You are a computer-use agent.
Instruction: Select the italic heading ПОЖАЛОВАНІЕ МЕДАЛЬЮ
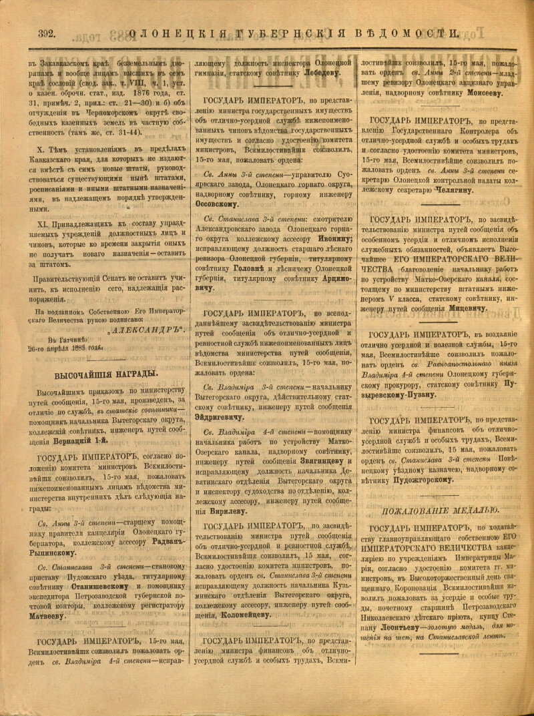441,510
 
